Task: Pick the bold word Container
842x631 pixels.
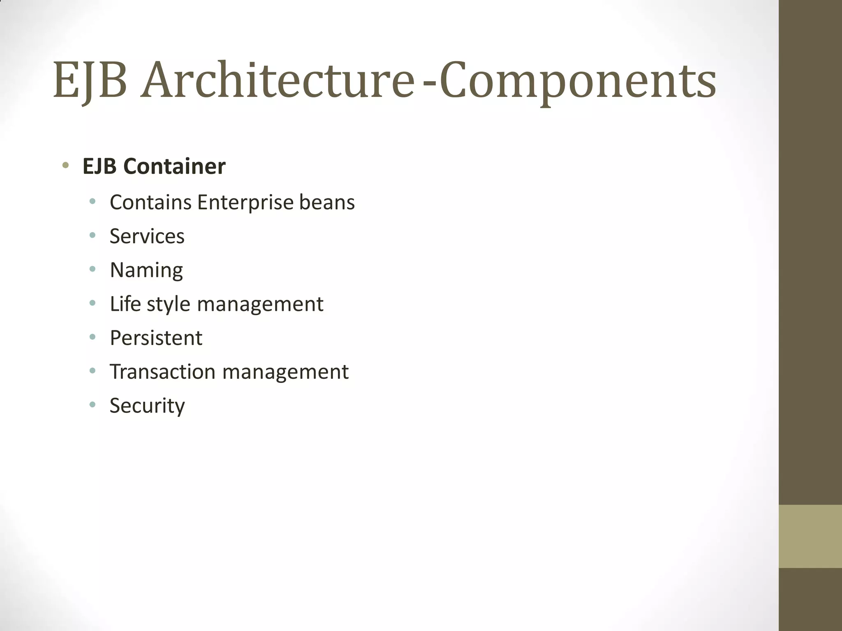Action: [x=174, y=166]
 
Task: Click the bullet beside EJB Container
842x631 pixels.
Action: [x=65, y=166]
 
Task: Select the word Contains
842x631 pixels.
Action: [x=150, y=202]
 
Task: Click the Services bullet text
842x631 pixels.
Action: [x=147, y=236]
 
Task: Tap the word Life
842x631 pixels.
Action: [x=125, y=304]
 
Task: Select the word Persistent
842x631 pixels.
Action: [x=156, y=338]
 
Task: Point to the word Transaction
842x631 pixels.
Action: [x=162, y=372]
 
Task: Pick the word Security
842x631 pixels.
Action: [x=147, y=406]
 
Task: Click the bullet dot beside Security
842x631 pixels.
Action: [x=93, y=405]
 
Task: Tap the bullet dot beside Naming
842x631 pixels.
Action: [x=93, y=269]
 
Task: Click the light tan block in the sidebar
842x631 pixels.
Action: [x=810, y=536]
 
